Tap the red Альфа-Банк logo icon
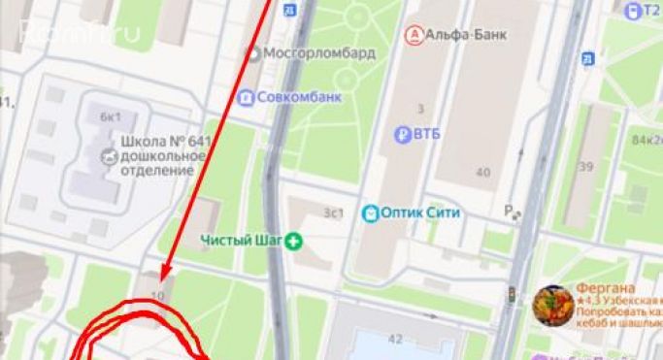tap(414, 35)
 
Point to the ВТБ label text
tap(426, 133)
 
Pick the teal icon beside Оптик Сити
tap(370, 213)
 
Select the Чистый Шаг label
tap(242, 240)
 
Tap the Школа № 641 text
tap(164, 142)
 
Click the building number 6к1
tap(110, 116)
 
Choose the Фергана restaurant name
tap(606, 288)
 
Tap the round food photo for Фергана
tap(553, 306)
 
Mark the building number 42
tap(395, 339)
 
